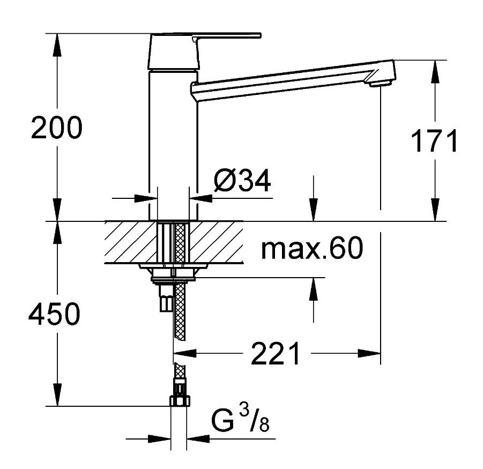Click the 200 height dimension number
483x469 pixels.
(x=56, y=129)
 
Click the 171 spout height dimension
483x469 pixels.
(x=434, y=142)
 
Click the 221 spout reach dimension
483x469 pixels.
(x=276, y=354)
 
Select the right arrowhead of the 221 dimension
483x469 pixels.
(x=370, y=353)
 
